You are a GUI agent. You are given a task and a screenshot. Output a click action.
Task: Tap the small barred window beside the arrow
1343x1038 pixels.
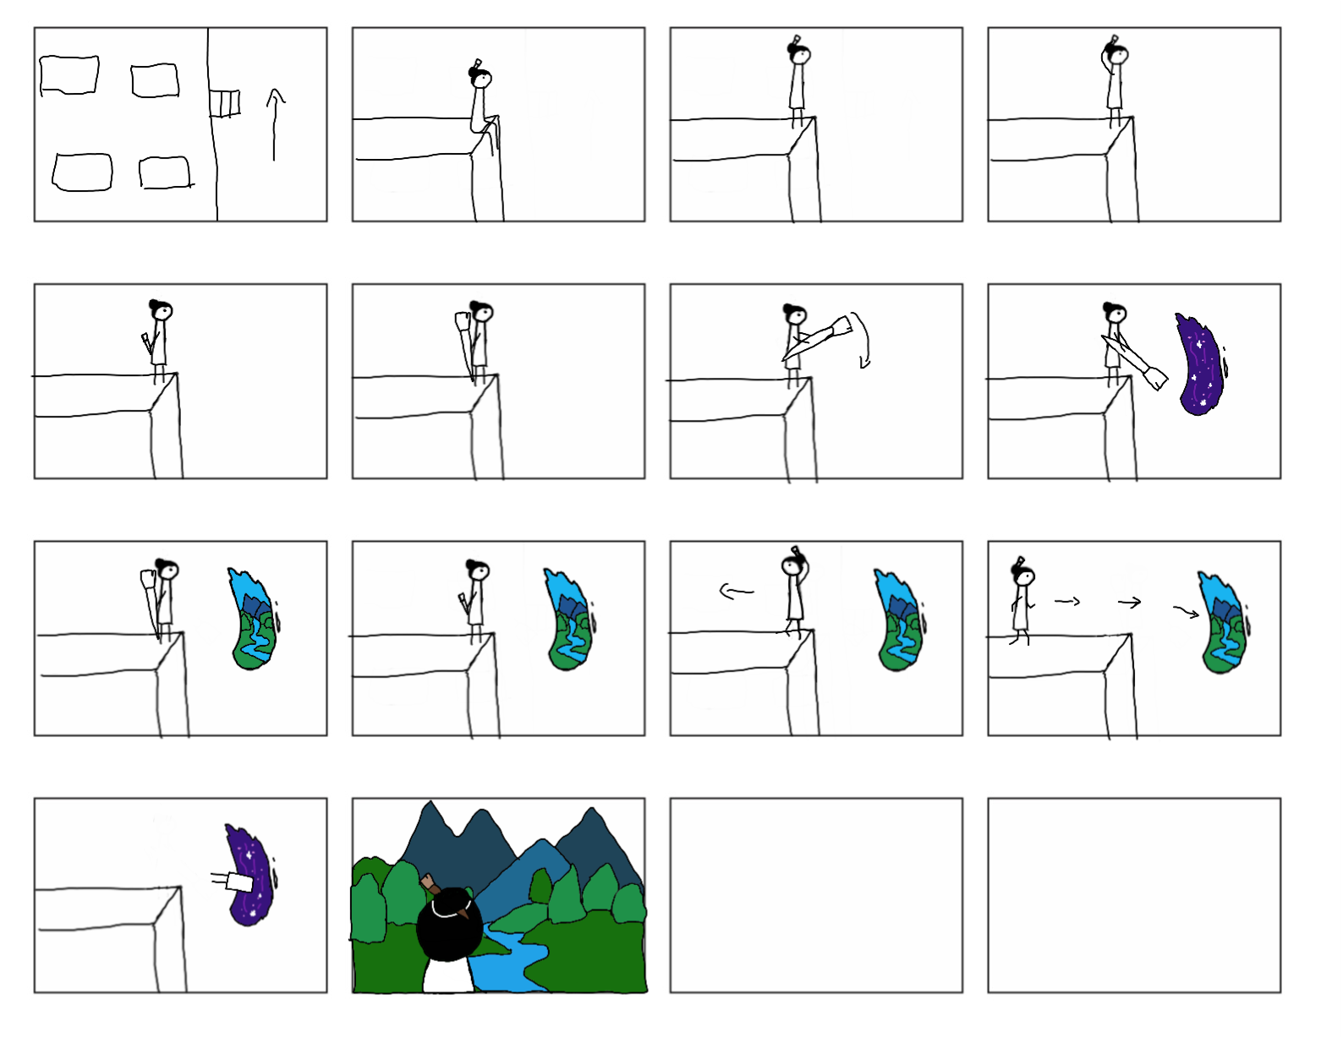pos(225,103)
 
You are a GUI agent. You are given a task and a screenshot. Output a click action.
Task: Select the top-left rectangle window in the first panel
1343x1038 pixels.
pos(69,75)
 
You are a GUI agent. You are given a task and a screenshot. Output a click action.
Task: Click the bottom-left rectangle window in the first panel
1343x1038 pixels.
pos(82,172)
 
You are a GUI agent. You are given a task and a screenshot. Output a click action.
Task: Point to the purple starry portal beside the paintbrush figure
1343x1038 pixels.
pos(1200,364)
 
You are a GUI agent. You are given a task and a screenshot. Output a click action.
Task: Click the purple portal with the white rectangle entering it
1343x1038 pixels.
pos(250,876)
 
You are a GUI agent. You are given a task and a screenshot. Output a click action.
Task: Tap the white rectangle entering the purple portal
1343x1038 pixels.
pos(239,882)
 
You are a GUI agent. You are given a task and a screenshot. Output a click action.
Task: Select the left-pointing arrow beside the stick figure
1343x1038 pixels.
pos(736,591)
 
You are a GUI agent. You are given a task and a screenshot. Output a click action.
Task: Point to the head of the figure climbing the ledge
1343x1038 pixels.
pos(481,78)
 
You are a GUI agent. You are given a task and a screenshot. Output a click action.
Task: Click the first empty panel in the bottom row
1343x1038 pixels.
pos(816,895)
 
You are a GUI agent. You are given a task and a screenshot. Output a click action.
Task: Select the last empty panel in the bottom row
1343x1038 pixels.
pos(1134,895)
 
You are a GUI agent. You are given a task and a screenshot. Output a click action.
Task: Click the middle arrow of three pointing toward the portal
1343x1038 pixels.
pos(1130,602)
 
